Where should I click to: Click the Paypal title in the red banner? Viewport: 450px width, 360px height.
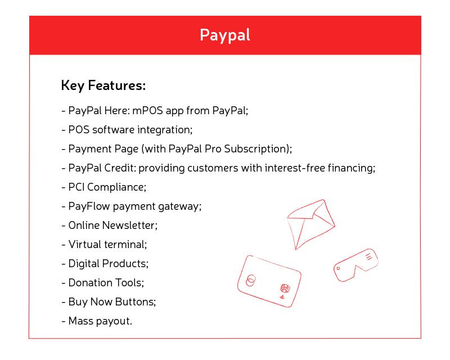pyautogui.click(x=224, y=35)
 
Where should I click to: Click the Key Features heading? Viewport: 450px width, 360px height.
pyautogui.click(x=103, y=85)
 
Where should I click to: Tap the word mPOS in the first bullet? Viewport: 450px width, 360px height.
pyautogui.click(x=147, y=110)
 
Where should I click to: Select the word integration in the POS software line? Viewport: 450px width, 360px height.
pyautogui.click(x=165, y=130)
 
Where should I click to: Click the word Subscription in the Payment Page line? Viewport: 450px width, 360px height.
pyautogui.click(x=258, y=149)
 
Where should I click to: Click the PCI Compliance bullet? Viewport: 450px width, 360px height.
pyautogui.click(x=104, y=187)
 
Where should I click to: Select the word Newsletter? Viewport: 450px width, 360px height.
pyautogui.click(x=130, y=226)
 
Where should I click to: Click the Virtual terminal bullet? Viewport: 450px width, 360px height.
pyautogui.click(x=104, y=245)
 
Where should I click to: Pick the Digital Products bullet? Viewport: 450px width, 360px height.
pyautogui.click(x=105, y=264)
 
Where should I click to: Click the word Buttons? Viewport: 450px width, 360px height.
pyautogui.click(x=136, y=302)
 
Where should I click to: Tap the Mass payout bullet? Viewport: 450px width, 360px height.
pyautogui.click(x=97, y=321)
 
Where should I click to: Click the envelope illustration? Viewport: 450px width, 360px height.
pyautogui.click(x=311, y=224)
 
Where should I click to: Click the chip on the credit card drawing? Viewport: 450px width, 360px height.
pyautogui.click(x=285, y=288)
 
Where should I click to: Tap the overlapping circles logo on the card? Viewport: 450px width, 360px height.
pyautogui.click(x=250, y=280)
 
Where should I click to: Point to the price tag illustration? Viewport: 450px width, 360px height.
pyautogui.click(x=356, y=265)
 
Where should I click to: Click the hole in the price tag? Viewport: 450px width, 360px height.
pyautogui.click(x=339, y=268)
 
